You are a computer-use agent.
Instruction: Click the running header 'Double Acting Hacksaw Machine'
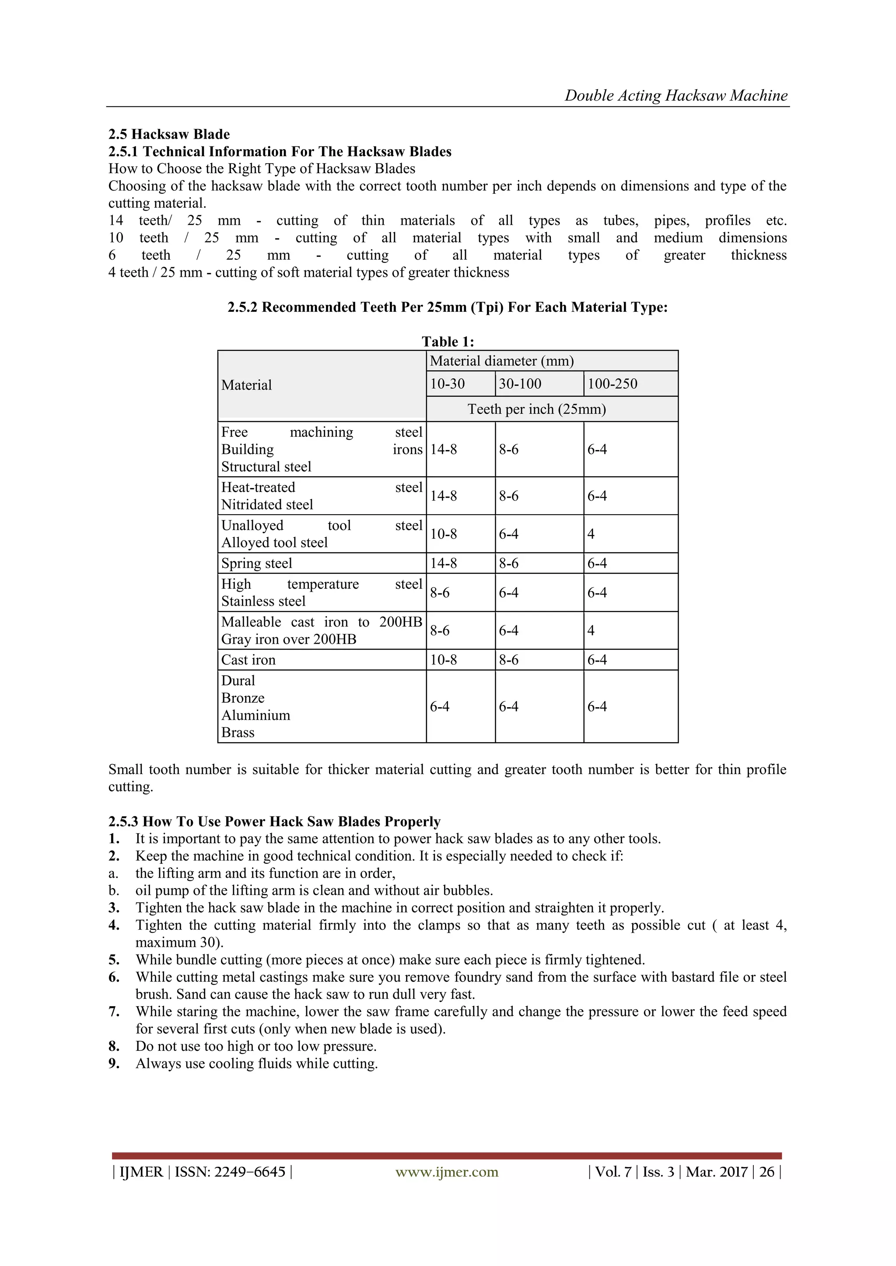coord(676,95)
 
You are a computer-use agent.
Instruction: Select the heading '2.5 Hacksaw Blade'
coord(169,134)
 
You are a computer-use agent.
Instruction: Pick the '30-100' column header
coord(520,384)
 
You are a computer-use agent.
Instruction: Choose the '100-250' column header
coord(612,384)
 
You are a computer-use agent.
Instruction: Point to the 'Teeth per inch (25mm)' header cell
coord(536,409)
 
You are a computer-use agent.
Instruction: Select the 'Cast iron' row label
coord(248,659)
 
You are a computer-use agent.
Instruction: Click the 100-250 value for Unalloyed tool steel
coord(591,534)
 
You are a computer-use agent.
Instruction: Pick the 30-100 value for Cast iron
coord(509,659)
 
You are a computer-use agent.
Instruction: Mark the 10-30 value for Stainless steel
coord(440,593)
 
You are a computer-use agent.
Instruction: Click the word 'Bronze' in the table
coord(243,698)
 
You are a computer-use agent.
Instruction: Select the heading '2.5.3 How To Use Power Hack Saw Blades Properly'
coord(274,822)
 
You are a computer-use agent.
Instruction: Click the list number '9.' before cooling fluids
coord(114,1063)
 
